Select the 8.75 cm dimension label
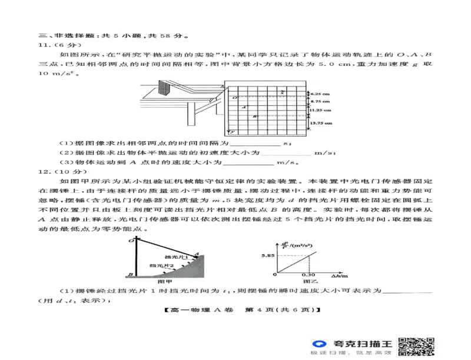[x=321, y=102]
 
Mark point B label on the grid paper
[x=254, y=116]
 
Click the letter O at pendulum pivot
[x=128, y=240]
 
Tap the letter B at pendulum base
[x=128, y=274]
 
